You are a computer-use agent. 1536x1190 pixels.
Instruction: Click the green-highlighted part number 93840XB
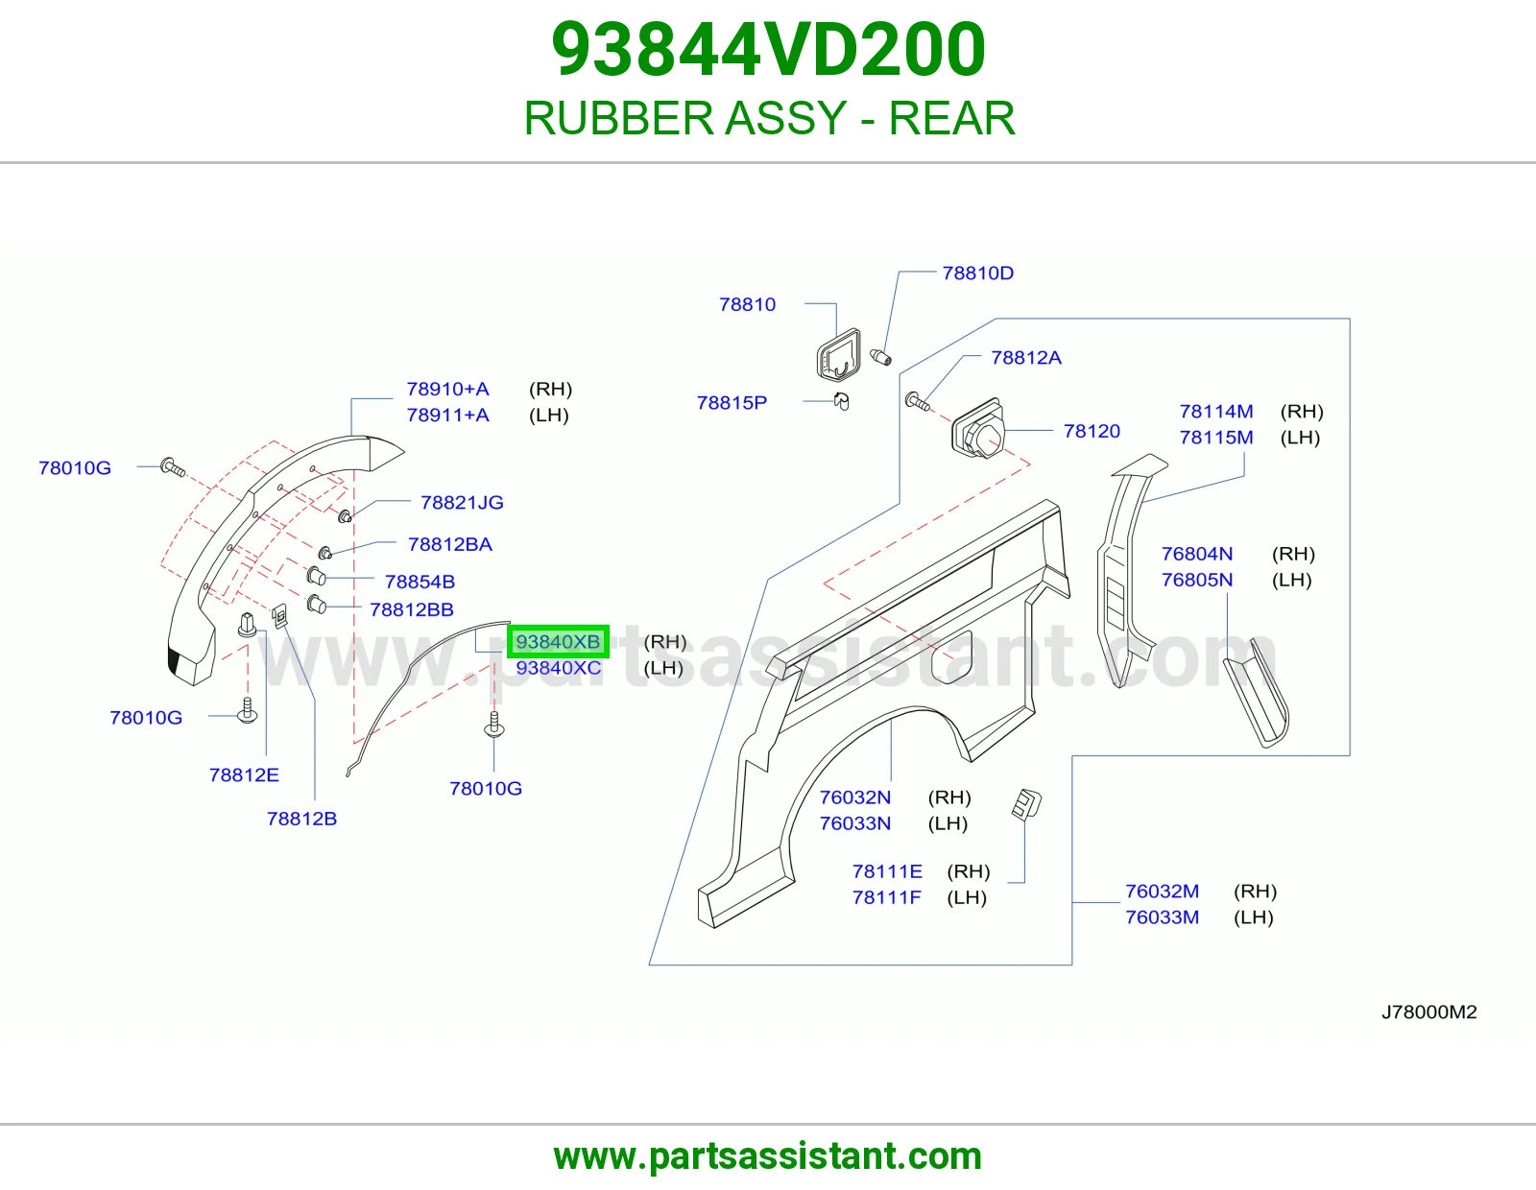(558, 642)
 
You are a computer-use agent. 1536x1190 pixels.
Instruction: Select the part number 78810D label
(977, 274)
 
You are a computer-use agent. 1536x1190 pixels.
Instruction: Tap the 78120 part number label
(1092, 431)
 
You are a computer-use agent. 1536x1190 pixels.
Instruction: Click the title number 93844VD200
(768, 49)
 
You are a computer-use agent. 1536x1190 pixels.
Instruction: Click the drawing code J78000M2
(1428, 1011)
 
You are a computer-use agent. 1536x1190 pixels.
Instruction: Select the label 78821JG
(462, 503)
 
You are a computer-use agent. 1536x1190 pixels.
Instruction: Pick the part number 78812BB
(412, 609)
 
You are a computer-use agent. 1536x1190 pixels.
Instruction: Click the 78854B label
(420, 582)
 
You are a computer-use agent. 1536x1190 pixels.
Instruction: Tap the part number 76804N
(1197, 554)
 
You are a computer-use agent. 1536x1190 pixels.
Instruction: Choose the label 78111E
(887, 871)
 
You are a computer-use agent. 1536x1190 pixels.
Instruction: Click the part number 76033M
(1162, 917)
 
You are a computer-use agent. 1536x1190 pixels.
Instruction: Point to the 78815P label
(732, 403)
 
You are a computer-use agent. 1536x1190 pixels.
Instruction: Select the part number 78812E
(244, 775)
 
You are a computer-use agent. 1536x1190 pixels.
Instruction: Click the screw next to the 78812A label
(917, 402)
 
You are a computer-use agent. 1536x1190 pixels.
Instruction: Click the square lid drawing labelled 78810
(838, 354)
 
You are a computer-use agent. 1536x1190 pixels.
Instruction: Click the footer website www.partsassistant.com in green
(768, 1156)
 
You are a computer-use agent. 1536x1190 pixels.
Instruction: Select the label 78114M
(1215, 412)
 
